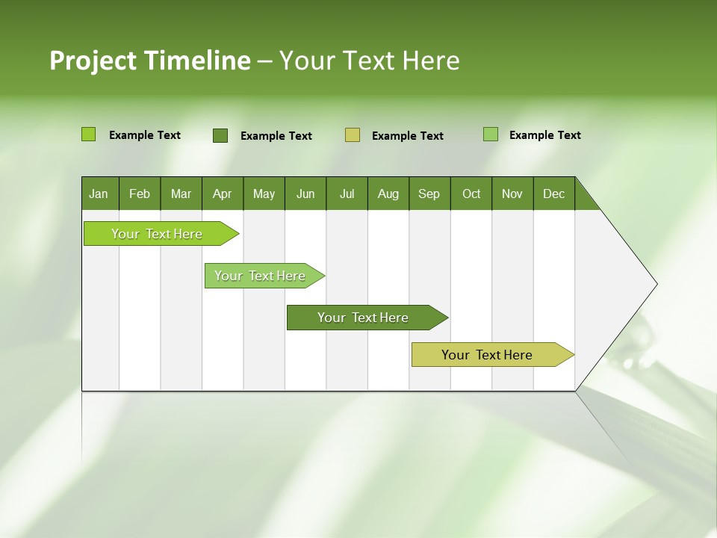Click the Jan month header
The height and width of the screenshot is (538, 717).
[99, 194]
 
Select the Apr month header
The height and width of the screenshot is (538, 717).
[222, 194]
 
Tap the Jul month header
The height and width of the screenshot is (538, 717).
[347, 194]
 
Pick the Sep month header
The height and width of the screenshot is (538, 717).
[429, 194]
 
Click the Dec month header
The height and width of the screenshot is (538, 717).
[553, 194]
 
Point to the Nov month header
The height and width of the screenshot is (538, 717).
[512, 194]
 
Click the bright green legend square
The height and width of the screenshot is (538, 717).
[88, 134]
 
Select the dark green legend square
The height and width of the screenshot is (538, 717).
[220, 135]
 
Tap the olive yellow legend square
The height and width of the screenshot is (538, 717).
[352, 135]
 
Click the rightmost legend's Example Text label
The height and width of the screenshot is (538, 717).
[544, 135]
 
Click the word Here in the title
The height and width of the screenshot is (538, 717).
[430, 61]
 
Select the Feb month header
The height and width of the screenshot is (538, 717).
[140, 194]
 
